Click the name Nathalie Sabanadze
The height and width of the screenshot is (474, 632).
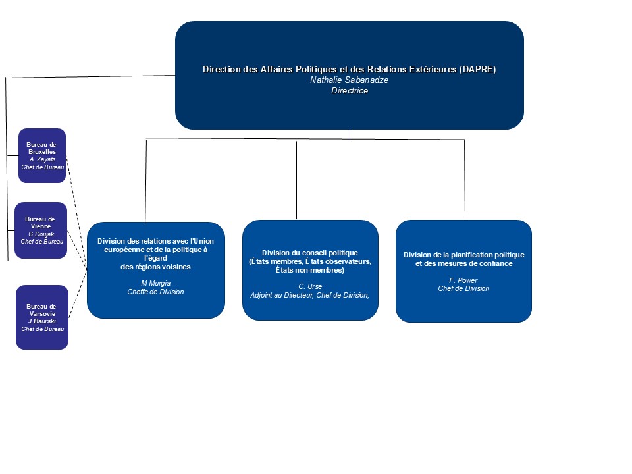click(349, 80)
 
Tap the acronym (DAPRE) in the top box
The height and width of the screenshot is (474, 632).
click(477, 69)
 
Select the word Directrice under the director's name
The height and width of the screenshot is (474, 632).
click(350, 90)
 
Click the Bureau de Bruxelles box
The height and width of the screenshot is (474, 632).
click(42, 155)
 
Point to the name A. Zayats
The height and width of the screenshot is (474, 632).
click(42, 159)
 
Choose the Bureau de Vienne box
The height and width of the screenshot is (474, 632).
click(41, 230)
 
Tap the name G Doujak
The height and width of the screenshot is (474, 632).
click(41, 234)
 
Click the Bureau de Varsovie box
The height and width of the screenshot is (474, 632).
click(42, 317)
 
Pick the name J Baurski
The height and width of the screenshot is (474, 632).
click(42, 321)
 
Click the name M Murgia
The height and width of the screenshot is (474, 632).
click(155, 283)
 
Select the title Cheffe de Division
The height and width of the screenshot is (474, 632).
click(155, 292)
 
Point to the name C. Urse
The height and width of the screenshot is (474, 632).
click(310, 286)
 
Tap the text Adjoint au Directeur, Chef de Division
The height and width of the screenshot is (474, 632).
click(309, 295)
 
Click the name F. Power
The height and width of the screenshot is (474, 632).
click(463, 280)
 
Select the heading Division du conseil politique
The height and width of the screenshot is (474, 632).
click(310, 253)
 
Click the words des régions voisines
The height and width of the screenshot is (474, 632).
click(155, 267)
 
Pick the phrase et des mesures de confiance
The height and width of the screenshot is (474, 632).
click(464, 263)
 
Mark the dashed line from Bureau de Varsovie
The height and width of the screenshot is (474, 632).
click(78, 294)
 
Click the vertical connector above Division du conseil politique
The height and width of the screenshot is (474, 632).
click(297, 180)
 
